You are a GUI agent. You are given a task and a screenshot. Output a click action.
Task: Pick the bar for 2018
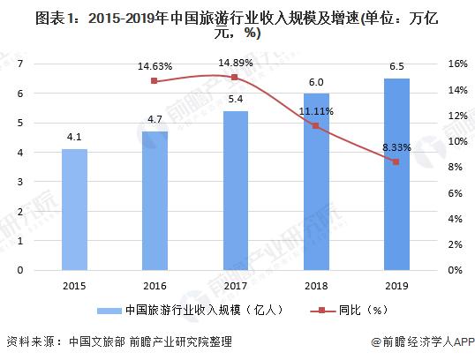click(316, 181)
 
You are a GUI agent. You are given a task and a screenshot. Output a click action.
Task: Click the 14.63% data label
click(155, 65)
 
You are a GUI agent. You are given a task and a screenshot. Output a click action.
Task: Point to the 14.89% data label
click(236, 62)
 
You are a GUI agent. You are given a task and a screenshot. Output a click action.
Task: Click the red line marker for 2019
click(396, 161)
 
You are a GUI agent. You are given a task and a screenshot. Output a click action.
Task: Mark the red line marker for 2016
click(156, 81)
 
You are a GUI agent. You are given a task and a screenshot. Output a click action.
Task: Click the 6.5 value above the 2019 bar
click(396, 67)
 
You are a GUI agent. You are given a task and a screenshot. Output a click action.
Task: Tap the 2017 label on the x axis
click(236, 286)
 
